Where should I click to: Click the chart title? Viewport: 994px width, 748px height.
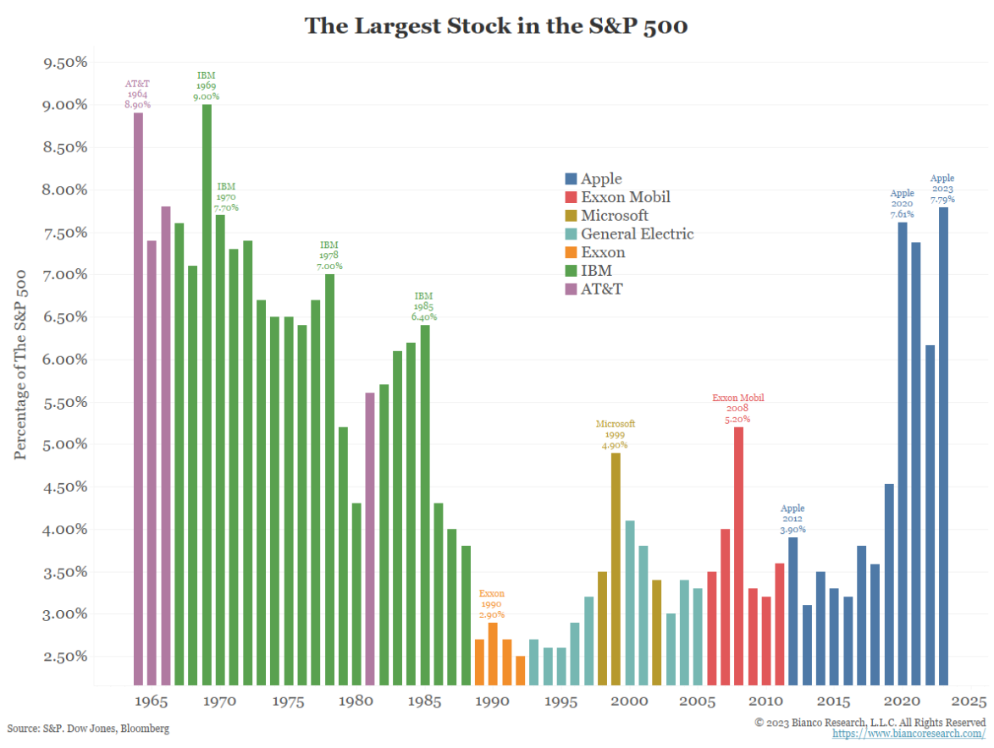click(495, 26)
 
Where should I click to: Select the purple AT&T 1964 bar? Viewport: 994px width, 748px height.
click(138, 398)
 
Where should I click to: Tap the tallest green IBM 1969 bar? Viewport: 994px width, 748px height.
click(207, 393)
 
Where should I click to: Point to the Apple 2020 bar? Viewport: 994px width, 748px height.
click(903, 454)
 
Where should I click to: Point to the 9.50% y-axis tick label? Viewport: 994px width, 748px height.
click(64, 63)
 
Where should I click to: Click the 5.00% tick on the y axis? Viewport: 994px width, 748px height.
click(64, 444)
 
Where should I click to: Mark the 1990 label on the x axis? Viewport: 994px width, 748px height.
click(493, 701)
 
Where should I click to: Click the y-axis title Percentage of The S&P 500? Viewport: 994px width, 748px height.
click(21, 364)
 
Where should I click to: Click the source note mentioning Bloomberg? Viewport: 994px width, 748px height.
click(88, 729)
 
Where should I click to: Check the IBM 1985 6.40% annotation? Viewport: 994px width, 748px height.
click(424, 306)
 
